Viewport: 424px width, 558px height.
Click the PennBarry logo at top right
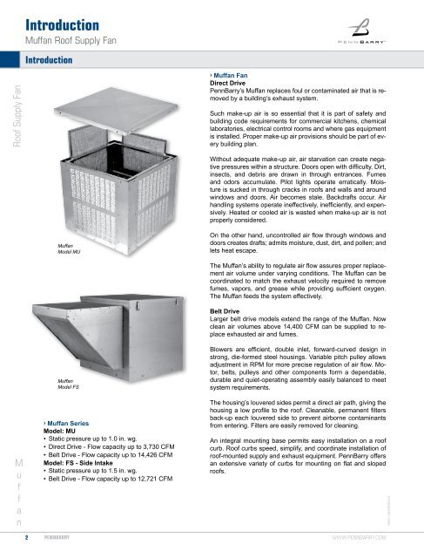point(361,31)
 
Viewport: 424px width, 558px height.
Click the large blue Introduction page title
point(62,25)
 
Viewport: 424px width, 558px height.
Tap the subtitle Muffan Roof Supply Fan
point(71,41)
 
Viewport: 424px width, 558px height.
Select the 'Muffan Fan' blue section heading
point(229,76)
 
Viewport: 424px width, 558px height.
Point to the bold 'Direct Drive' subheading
point(227,83)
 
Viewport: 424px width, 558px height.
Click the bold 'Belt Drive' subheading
point(225,311)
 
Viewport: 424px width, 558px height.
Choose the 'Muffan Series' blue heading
point(66,423)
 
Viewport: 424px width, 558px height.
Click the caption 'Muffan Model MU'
point(69,248)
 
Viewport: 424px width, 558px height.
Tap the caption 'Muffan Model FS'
point(68,384)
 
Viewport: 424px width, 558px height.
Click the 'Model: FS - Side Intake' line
point(78,463)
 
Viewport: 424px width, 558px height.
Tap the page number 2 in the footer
point(27,537)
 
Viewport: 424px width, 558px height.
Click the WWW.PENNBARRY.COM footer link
point(359,537)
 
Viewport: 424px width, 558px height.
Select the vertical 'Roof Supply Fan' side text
point(17,116)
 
